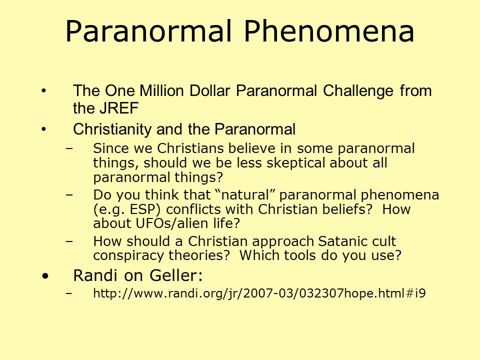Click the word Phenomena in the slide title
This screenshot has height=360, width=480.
click(329, 31)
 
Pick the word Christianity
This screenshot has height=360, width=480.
click(112, 129)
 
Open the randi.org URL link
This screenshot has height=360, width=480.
click(259, 293)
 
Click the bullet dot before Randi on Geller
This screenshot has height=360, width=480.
click(45, 276)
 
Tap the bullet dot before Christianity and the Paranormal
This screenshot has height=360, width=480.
click(44, 129)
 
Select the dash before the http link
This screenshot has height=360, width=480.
click(69, 293)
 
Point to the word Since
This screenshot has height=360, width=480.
click(110, 148)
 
